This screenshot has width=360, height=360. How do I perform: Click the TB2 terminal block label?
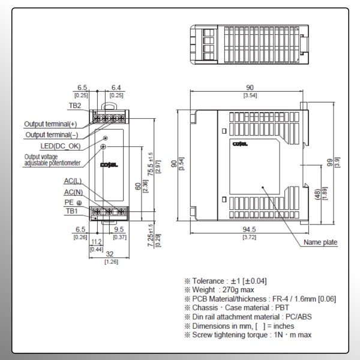pyautogui.click(x=75, y=105)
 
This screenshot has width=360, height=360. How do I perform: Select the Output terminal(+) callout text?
pyautogui.click(x=50, y=124)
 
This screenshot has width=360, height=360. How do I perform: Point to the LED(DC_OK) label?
pyautogui.click(x=60, y=146)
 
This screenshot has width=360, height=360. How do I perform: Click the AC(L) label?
pyautogui.click(x=73, y=181)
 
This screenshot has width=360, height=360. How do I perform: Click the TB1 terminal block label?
pyautogui.click(x=72, y=211)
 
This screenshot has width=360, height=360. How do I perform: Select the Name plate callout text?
pyautogui.click(x=320, y=243)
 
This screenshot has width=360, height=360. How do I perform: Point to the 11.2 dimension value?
pyautogui.click(x=96, y=242)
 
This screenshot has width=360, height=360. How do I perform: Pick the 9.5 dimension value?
pyautogui.click(x=118, y=229)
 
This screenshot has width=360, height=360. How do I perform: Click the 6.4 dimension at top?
pyautogui.click(x=116, y=88)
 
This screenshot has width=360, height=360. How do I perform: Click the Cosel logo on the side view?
pyautogui.click(x=239, y=144)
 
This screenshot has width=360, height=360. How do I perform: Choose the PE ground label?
pyautogui.click(x=73, y=202)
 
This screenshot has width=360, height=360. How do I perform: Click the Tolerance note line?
pyautogui.click(x=226, y=280)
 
